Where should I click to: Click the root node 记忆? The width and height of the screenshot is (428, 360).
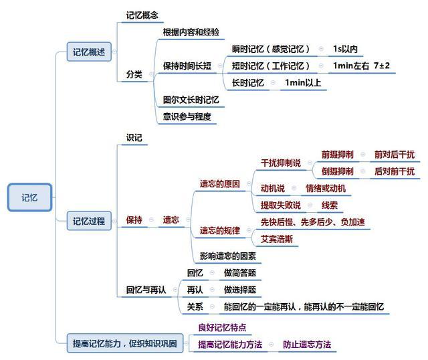tap(29, 197)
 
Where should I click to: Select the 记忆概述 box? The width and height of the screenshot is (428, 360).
tap(89, 52)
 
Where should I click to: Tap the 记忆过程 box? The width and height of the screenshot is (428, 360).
tap(89, 221)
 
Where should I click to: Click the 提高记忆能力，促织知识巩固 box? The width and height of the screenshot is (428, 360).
tap(125, 343)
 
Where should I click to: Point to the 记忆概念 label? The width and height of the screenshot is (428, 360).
tap(142, 15)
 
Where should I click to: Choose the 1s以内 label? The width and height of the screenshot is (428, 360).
tap(345, 49)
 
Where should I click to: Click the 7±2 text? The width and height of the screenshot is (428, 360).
tap(382, 66)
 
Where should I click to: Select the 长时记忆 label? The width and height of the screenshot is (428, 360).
tap(248, 82)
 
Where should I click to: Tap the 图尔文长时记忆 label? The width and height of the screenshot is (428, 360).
tap(191, 100)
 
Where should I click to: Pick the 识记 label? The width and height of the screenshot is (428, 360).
tap(134, 137)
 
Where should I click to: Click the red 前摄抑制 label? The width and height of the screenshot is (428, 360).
tap(337, 155)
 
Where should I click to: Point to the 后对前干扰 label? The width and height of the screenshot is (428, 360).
tap(395, 171)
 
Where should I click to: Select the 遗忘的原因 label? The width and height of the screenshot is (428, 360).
tap(220, 184)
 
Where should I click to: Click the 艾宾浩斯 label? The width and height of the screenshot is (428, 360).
tap(277, 240)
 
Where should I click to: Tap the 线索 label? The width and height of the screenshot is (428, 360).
tap(330, 205)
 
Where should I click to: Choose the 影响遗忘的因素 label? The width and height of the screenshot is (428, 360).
tap(228, 256)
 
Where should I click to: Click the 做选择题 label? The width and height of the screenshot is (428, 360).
tap(240, 290)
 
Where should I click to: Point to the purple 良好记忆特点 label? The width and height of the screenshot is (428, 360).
tap(222, 327)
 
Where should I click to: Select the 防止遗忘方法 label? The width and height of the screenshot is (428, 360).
tap(307, 345)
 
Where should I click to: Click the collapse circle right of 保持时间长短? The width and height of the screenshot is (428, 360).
tap(220, 66)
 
